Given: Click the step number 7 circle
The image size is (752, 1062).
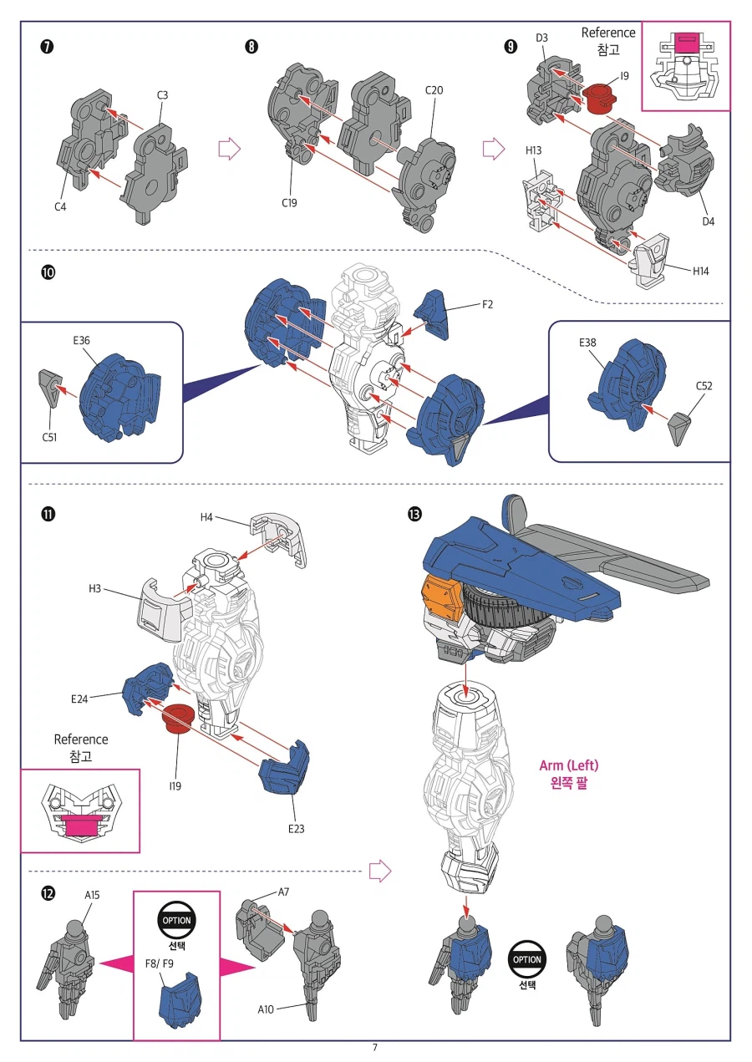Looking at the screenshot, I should point(48,47).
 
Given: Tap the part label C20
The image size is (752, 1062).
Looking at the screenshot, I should point(434,90).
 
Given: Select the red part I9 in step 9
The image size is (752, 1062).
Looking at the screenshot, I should point(600,98).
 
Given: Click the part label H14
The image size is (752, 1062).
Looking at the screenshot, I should point(704,271).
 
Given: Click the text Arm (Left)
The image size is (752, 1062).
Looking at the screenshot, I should point(568,765).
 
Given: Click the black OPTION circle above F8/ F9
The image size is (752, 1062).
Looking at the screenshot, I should point(176,920).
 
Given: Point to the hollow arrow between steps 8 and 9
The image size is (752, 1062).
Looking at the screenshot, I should point(493,150).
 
